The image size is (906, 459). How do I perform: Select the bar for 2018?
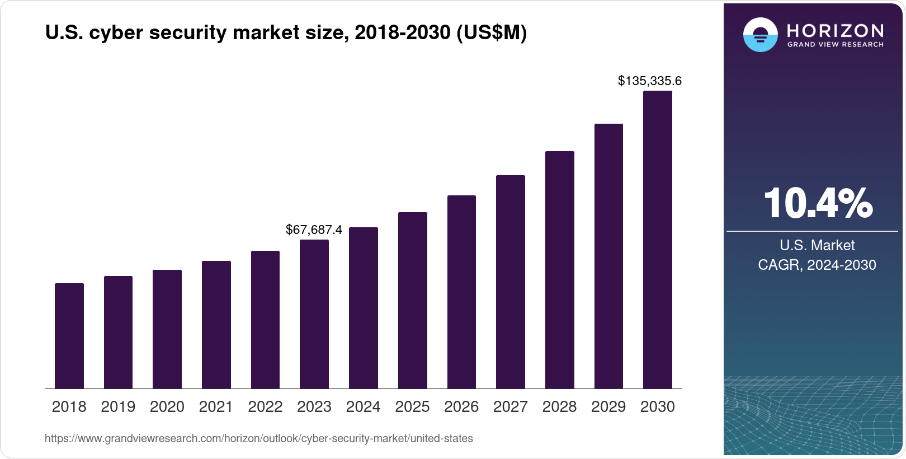tap(69, 336)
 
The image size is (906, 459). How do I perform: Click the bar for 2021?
tap(216, 325)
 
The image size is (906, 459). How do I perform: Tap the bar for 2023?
tap(314, 314)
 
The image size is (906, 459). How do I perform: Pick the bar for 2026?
tap(461, 292)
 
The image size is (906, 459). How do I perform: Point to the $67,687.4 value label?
tap(314, 230)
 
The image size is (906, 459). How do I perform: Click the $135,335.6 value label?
tap(649, 81)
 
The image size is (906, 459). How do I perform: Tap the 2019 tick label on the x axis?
tap(118, 407)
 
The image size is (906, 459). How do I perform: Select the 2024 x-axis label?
tap(363, 407)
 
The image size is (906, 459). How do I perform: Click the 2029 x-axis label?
tap(608, 407)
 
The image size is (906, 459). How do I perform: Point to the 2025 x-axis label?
tap(412, 407)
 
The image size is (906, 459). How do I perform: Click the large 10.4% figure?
tap(817, 203)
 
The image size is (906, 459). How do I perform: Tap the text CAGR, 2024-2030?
tap(817, 265)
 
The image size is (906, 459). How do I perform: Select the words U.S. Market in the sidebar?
tap(817, 245)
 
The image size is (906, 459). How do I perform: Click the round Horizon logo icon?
tap(760, 35)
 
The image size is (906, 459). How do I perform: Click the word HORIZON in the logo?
tap(835, 30)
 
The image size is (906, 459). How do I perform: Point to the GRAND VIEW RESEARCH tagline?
tap(835, 44)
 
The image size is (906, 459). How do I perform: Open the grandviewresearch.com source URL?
tap(258, 439)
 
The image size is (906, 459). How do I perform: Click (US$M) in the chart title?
tap(492, 33)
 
